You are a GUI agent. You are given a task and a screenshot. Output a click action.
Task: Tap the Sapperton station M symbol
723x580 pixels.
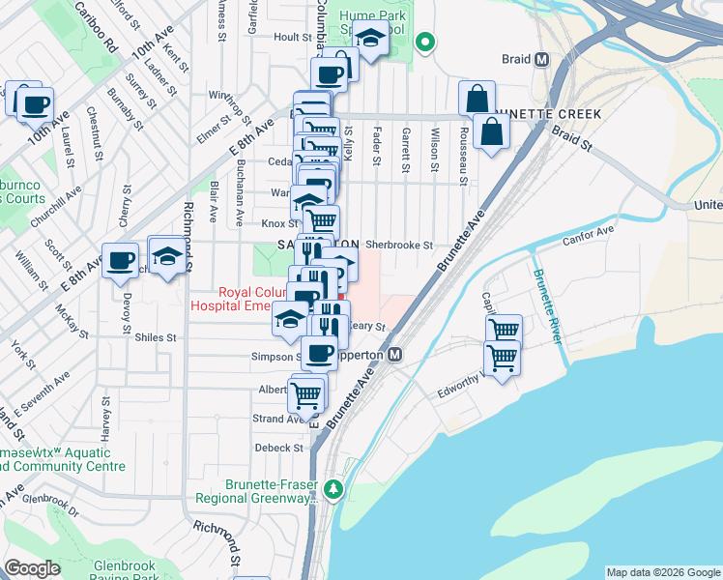tap(395, 356)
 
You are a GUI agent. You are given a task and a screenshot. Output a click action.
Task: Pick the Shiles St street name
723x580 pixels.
tap(157, 337)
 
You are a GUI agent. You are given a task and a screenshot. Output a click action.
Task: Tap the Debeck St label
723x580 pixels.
tap(279, 448)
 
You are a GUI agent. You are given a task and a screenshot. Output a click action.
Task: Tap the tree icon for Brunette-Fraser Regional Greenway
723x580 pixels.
tap(333, 488)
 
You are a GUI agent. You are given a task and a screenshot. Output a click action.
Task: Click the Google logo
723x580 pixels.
tap(32, 567)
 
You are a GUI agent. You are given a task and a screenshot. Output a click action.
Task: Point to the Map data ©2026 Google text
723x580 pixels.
tap(662, 572)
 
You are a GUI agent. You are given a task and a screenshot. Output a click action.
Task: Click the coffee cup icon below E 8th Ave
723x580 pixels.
tap(122, 261)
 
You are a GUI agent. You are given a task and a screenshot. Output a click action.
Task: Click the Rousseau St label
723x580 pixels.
tap(464, 153)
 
